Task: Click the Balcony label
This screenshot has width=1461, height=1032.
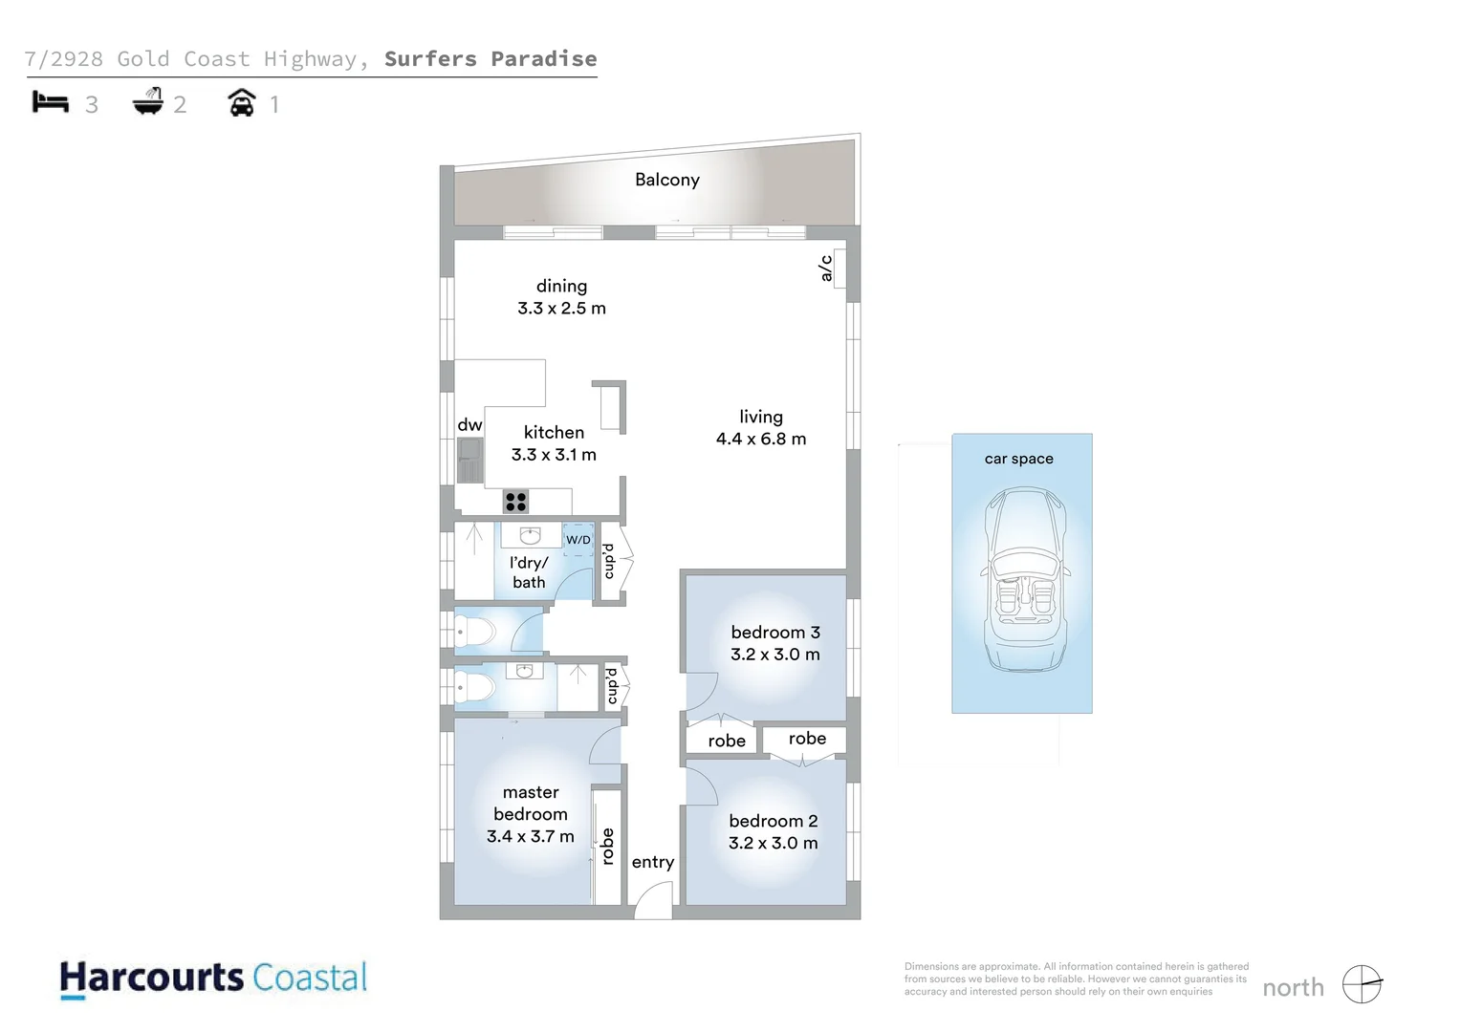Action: click(666, 180)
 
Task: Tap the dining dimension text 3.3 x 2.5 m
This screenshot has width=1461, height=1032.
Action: click(561, 309)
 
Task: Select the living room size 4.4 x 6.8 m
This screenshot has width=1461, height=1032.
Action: click(760, 440)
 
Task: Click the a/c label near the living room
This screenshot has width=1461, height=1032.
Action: click(826, 269)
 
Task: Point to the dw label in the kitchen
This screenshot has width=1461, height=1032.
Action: click(469, 425)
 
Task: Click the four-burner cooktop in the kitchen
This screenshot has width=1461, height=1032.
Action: click(515, 502)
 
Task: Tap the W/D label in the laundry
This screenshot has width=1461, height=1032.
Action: click(578, 540)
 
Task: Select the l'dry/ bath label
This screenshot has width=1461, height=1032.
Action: click(529, 572)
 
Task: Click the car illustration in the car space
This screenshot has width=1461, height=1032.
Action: click(1024, 579)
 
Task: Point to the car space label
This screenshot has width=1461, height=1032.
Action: click(1018, 459)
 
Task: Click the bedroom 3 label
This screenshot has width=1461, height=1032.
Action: click(774, 633)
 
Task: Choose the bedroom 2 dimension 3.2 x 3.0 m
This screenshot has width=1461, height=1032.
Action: click(773, 844)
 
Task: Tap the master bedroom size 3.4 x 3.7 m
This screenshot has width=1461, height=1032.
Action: click(530, 837)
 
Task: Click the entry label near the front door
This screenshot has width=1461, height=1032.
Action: click(652, 862)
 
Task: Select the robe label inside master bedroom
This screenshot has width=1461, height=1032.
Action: click(607, 847)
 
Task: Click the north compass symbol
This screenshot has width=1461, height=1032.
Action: click(1362, 984)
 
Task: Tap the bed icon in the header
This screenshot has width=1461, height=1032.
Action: click(51, 102)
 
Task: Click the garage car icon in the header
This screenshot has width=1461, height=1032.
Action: click(242, 102)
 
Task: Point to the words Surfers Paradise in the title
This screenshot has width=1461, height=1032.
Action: click(490, 59)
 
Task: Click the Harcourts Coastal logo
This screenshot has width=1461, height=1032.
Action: click(213, 978)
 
